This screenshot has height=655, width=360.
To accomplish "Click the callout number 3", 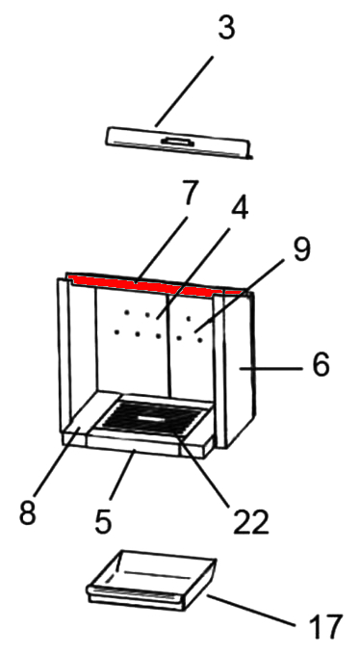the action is coord(227,28).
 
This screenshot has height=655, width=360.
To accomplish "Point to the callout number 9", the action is coord(302,249).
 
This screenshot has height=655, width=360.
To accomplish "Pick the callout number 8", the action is coord(28,512).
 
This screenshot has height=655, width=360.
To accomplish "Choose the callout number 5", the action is coord(103,521).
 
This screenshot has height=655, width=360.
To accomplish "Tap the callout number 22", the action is coord(250,521).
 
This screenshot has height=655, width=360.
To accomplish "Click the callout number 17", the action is coord(325,627).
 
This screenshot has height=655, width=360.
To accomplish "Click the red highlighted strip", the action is coord(155,285).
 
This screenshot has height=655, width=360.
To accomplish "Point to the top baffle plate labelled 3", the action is coord(178,143).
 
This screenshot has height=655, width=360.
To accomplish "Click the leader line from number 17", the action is coord(250,611).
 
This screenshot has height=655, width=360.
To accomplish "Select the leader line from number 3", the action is coord(184,92).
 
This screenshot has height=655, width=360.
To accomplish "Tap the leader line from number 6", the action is coord(270,368).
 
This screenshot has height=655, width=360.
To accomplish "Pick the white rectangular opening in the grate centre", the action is coord(151,418).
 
